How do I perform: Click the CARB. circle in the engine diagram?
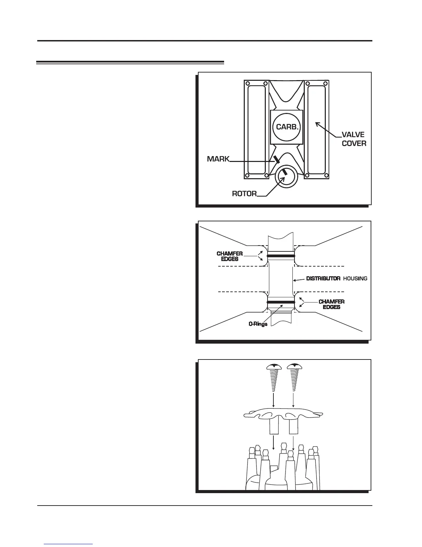287,127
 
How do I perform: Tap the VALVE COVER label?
354,139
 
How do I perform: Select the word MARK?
218,159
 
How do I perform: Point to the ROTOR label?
244,194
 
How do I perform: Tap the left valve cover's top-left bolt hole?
247,83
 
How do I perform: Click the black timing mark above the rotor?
276,159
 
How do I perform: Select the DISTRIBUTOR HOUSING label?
336,278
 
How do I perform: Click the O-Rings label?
258,324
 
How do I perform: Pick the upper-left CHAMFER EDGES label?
230,256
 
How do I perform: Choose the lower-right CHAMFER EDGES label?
331,304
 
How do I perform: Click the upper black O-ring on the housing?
281,256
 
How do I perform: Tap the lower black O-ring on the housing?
281,302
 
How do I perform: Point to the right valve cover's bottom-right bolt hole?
325,176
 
